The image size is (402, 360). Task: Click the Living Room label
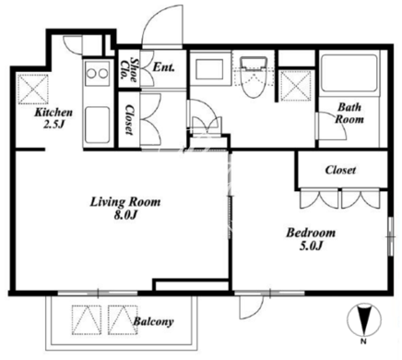click(125, 202)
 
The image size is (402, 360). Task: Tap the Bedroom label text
click(311, 233)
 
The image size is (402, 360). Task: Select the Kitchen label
click(53, 113)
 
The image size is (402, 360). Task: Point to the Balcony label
click(153, 321)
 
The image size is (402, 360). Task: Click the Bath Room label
click(349, 113)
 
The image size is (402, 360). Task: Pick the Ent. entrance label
click(164, 67)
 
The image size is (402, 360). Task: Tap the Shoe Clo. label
click(129, 69)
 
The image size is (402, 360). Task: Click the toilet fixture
click(253, 77)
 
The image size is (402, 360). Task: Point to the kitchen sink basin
click(97, 125)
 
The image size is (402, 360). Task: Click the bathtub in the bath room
click(349, 73)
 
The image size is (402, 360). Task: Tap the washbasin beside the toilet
click(210, 69)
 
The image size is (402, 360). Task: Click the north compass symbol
click(364, 320)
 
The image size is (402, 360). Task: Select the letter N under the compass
click(363, 341)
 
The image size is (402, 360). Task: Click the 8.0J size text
click(125, 215)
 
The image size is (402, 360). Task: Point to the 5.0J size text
click(311, 246)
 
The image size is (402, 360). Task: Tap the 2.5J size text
click(53, 125)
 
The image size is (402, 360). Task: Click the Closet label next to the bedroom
click(340, 170)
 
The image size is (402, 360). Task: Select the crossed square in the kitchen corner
click(33, 89)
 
